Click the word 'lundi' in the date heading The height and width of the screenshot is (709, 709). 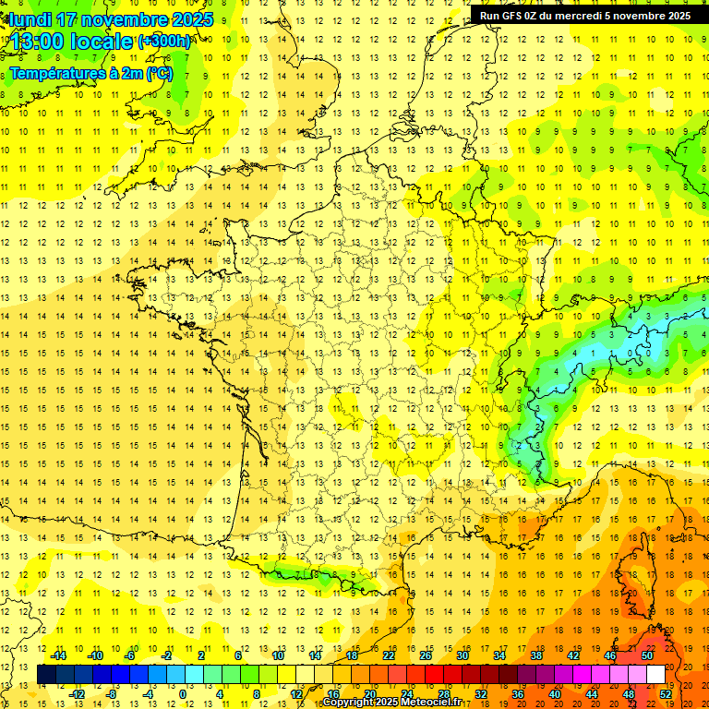[x=30, y=19]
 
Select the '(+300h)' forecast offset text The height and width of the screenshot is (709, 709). [x=164, y=42]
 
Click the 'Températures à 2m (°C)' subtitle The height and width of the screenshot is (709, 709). [x=90, y=73]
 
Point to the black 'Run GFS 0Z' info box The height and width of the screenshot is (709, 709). [x=585, y=15]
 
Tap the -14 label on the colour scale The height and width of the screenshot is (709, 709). [x=58, y=655]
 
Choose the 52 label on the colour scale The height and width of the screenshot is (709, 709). [x=666, y=694]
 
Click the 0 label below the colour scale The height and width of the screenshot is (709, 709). [x=184, y=694]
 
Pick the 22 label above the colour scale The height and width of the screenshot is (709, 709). [x=389, y=655]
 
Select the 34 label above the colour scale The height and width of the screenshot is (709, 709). [x=499, y=655]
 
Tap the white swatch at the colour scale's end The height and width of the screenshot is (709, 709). [x=656, y=675]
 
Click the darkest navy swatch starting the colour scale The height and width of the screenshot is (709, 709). [x=46, y=675]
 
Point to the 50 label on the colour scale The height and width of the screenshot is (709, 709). [x=647, y=655]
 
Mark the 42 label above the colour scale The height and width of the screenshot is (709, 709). [x=573, y=655]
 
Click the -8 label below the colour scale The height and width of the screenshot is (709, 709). [x=111, y=694]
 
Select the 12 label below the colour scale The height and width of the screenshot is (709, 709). [x=296, y=694]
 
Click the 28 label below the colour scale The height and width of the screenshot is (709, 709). [x=444, y=694]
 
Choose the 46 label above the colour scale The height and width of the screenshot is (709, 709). [x=610, y=655]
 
